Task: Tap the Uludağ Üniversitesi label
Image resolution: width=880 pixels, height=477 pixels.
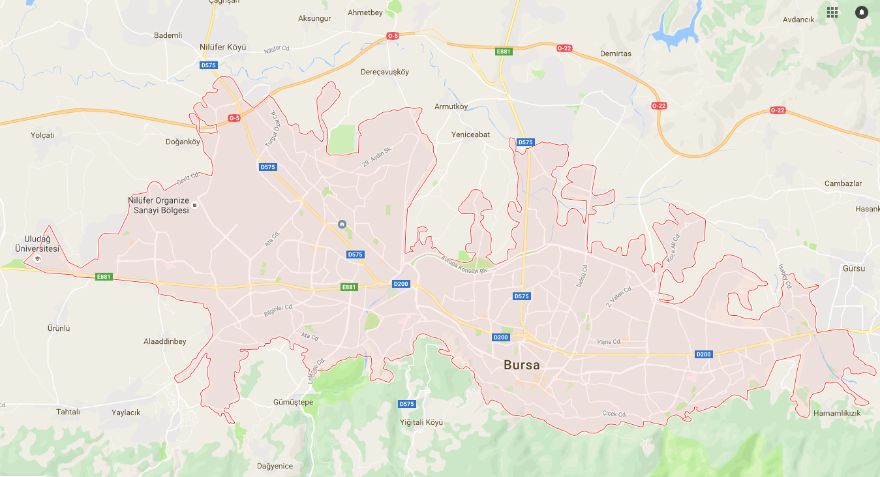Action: click(x=37, y=244)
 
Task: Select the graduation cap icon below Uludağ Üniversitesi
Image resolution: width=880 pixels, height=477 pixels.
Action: click(x=37, y=259)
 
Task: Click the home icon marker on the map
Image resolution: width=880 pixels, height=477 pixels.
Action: click(x=342, y=224)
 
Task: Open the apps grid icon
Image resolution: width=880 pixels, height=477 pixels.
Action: click(x=832, y=12)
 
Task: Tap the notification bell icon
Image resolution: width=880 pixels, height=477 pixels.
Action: click(x=862, y=12)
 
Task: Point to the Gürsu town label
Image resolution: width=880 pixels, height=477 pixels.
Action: click(x=853, y=268)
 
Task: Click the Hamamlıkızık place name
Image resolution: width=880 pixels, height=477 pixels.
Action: click(x=837, y=414)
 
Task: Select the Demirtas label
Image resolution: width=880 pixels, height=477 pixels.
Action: click(x=615, y=54)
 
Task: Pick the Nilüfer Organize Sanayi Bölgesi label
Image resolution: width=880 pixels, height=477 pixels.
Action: click(x=159, y=205)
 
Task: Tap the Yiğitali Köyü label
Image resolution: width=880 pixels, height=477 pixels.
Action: click(x=421, y=422)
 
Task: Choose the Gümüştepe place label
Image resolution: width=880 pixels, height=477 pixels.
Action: click(x=293, y=402)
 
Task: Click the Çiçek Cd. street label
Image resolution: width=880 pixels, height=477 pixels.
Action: click(x=614, y=414)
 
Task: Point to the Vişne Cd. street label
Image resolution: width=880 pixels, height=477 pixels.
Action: click(x=609, y=342)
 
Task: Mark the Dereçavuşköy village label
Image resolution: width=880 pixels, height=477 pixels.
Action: click(x=384, y=72)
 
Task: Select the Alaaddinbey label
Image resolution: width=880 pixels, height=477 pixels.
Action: click(x=164, y=341)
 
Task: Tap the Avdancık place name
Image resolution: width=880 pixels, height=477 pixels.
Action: click(x=798, y=20)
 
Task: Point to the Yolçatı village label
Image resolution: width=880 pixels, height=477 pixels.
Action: click(x=42, y=135)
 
